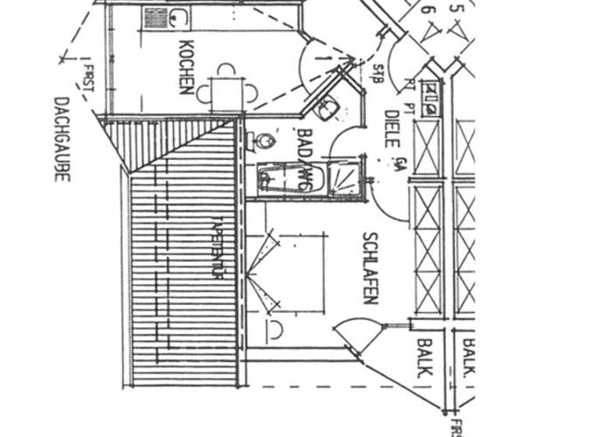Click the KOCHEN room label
(x=186, y=66)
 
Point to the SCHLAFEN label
(x=370, y=268)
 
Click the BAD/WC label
(x=306, y=159)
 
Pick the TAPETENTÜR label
(x=218, y=247)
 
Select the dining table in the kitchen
(x=226, y=93)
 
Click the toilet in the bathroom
(x=264, y=142)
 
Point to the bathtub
(x=289, y=179)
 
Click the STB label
(x=377, y=74)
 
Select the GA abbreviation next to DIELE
(x=399, y=164)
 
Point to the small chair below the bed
(x=275, y=330)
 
